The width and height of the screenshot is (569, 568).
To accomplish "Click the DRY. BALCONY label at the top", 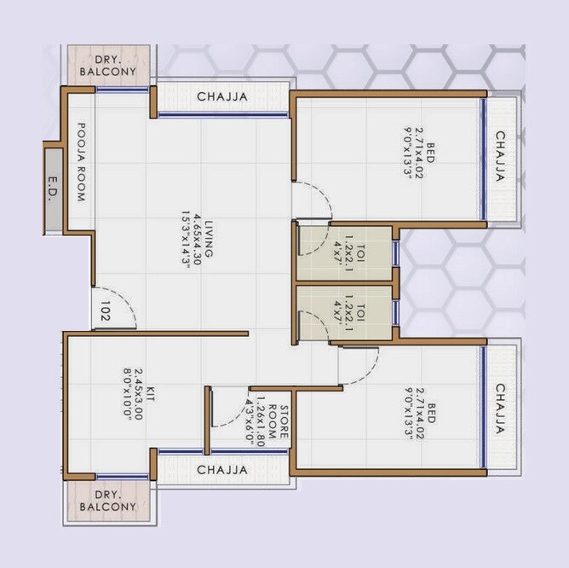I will point(108,66).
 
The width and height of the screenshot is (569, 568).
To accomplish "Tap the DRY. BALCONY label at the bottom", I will point(108,501).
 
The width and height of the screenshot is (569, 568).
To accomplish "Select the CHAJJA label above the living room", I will point(222,97).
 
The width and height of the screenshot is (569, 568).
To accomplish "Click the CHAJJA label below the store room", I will point(222,470).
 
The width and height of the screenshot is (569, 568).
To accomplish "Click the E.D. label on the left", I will point(53,190).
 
